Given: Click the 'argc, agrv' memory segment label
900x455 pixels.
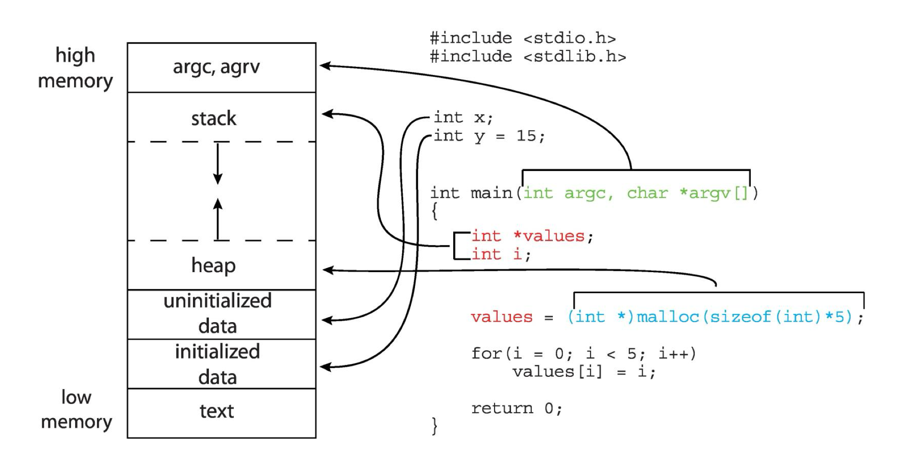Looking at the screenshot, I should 216,67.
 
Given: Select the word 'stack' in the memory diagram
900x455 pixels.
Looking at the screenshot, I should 213,119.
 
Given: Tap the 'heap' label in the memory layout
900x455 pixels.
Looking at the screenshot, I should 213,265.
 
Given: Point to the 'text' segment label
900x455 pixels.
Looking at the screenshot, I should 217,411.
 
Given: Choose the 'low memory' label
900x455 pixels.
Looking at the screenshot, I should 76,409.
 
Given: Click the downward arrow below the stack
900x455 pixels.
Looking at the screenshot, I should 218,164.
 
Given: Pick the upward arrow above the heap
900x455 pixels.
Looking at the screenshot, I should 218,218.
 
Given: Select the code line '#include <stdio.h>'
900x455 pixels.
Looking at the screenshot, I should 522,38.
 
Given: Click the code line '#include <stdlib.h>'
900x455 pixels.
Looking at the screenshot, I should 528,57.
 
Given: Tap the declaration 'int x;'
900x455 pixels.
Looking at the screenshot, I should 463,118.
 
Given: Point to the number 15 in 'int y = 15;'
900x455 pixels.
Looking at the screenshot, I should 526,136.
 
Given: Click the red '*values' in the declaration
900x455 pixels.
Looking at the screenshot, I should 549,236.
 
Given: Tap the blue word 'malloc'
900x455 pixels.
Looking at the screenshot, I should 667,317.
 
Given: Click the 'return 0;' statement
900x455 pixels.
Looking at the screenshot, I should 517,409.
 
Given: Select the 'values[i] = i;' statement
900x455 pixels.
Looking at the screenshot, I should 584,372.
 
